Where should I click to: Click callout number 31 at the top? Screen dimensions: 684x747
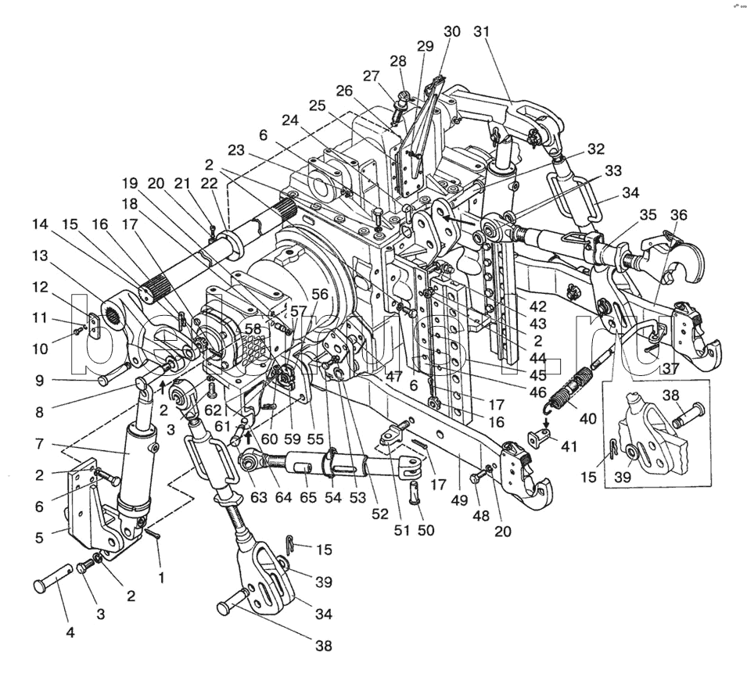click(x=480, y=32)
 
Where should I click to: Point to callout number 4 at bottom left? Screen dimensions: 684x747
click(x=70, y=633)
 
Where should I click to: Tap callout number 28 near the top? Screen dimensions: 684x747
click(x=398, y=62)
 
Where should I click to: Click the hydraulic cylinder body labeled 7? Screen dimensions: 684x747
click(x=135, y=461)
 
